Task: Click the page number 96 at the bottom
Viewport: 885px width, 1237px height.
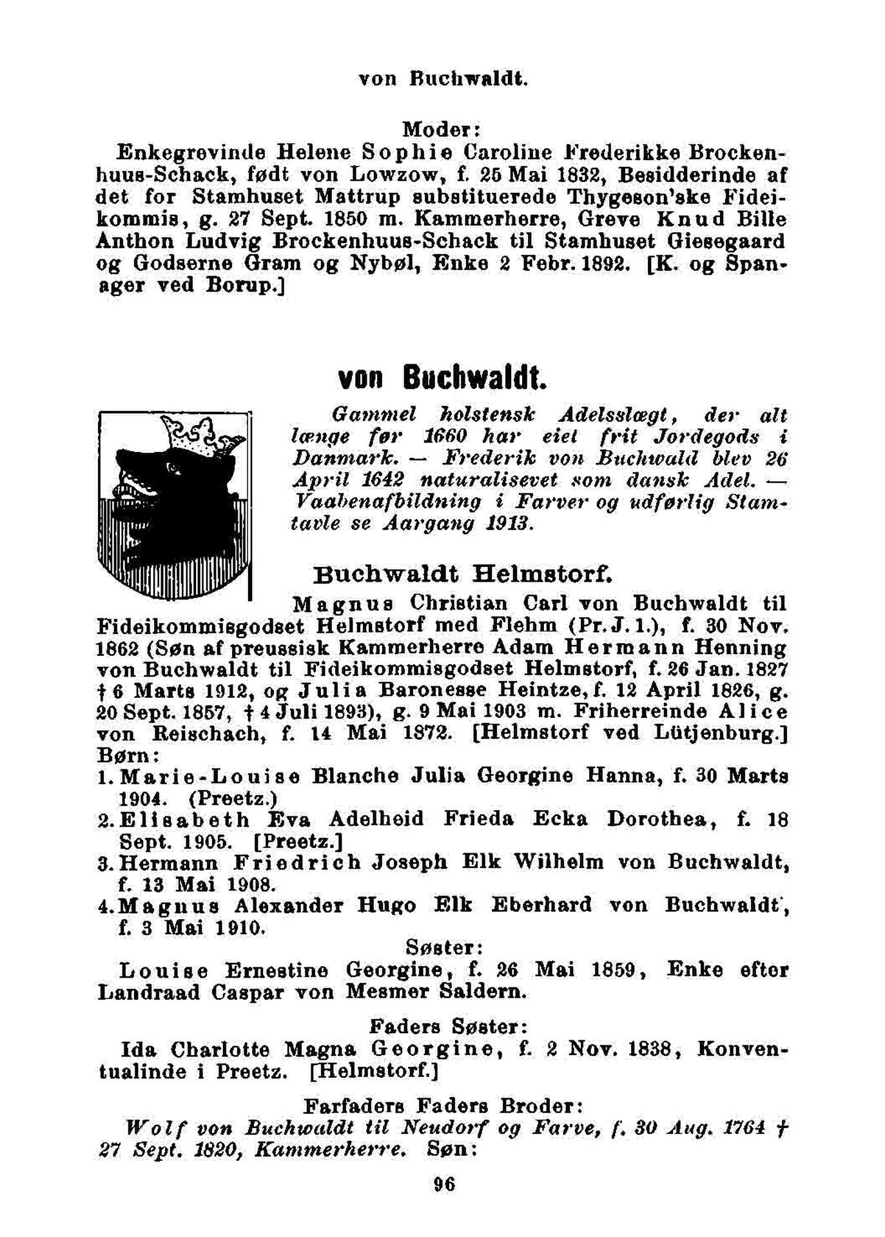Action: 444,1185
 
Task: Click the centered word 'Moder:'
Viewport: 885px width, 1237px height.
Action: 442,130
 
